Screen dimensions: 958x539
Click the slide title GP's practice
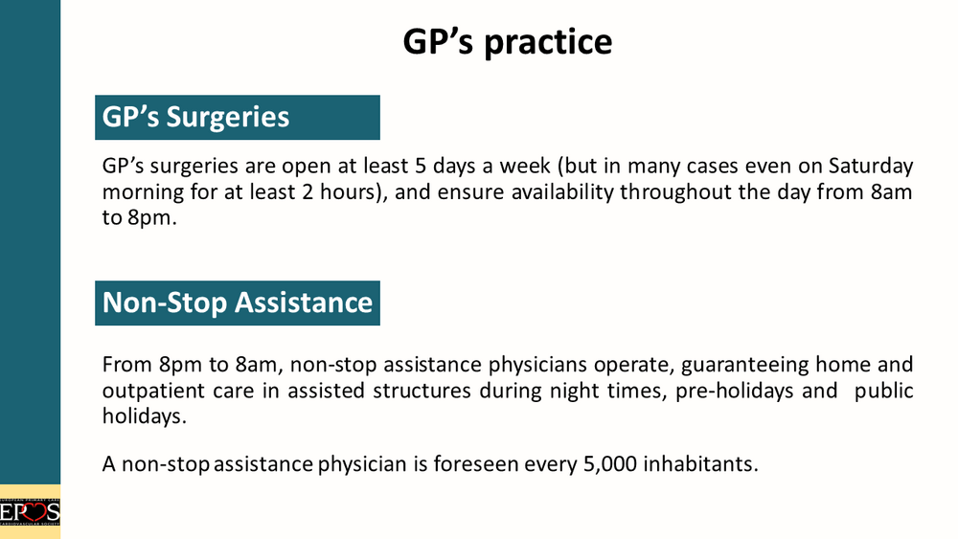point(507,42)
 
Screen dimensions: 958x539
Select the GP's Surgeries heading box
point(237,117)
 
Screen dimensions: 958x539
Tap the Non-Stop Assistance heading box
point(237,303)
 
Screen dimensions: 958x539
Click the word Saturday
point(871,166)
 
